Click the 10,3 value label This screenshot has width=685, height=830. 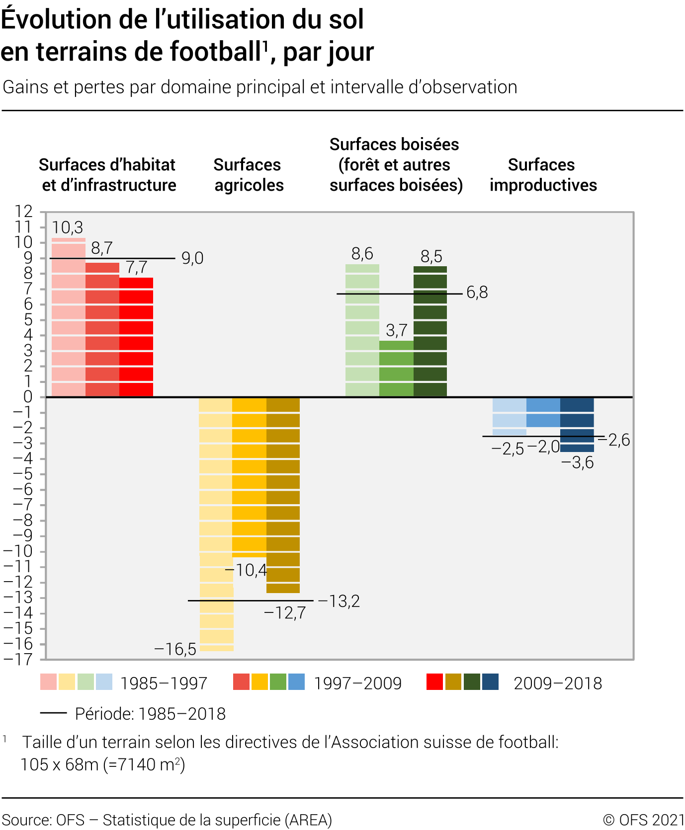(68, 228)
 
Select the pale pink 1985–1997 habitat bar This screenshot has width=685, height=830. (69, 318)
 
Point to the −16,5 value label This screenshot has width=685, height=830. (175, 649)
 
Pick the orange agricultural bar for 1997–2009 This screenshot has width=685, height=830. (249, 477)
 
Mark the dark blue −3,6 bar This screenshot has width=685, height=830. (577, 424)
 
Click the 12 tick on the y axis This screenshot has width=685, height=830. (23, 212)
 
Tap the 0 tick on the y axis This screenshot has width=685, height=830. (28, 397)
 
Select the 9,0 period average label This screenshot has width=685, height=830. (192, 258)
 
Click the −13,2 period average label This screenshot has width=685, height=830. (339, 602)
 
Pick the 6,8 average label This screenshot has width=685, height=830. (477, 293)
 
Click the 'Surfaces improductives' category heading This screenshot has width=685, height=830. (543, 175)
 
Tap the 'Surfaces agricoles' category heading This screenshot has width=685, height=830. (249, 175)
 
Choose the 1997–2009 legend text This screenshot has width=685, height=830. (358, 683)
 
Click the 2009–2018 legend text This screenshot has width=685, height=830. (558, 683)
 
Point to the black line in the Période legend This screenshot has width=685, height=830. (54, 713)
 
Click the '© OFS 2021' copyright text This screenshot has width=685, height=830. (643, 820)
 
